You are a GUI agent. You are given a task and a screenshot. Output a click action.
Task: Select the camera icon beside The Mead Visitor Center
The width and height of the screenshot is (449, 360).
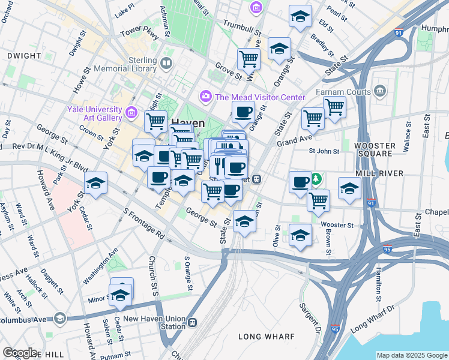pos(206,97)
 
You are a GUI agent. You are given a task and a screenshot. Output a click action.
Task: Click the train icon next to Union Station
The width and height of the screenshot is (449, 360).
pos(192,323)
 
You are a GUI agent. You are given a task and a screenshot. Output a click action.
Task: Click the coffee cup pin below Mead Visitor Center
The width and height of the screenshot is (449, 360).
pos(243,112)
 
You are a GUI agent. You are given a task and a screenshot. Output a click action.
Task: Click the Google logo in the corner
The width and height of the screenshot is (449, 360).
pos(20,353)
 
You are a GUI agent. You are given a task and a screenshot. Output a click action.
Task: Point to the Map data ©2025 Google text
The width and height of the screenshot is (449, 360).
pos(412,355)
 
